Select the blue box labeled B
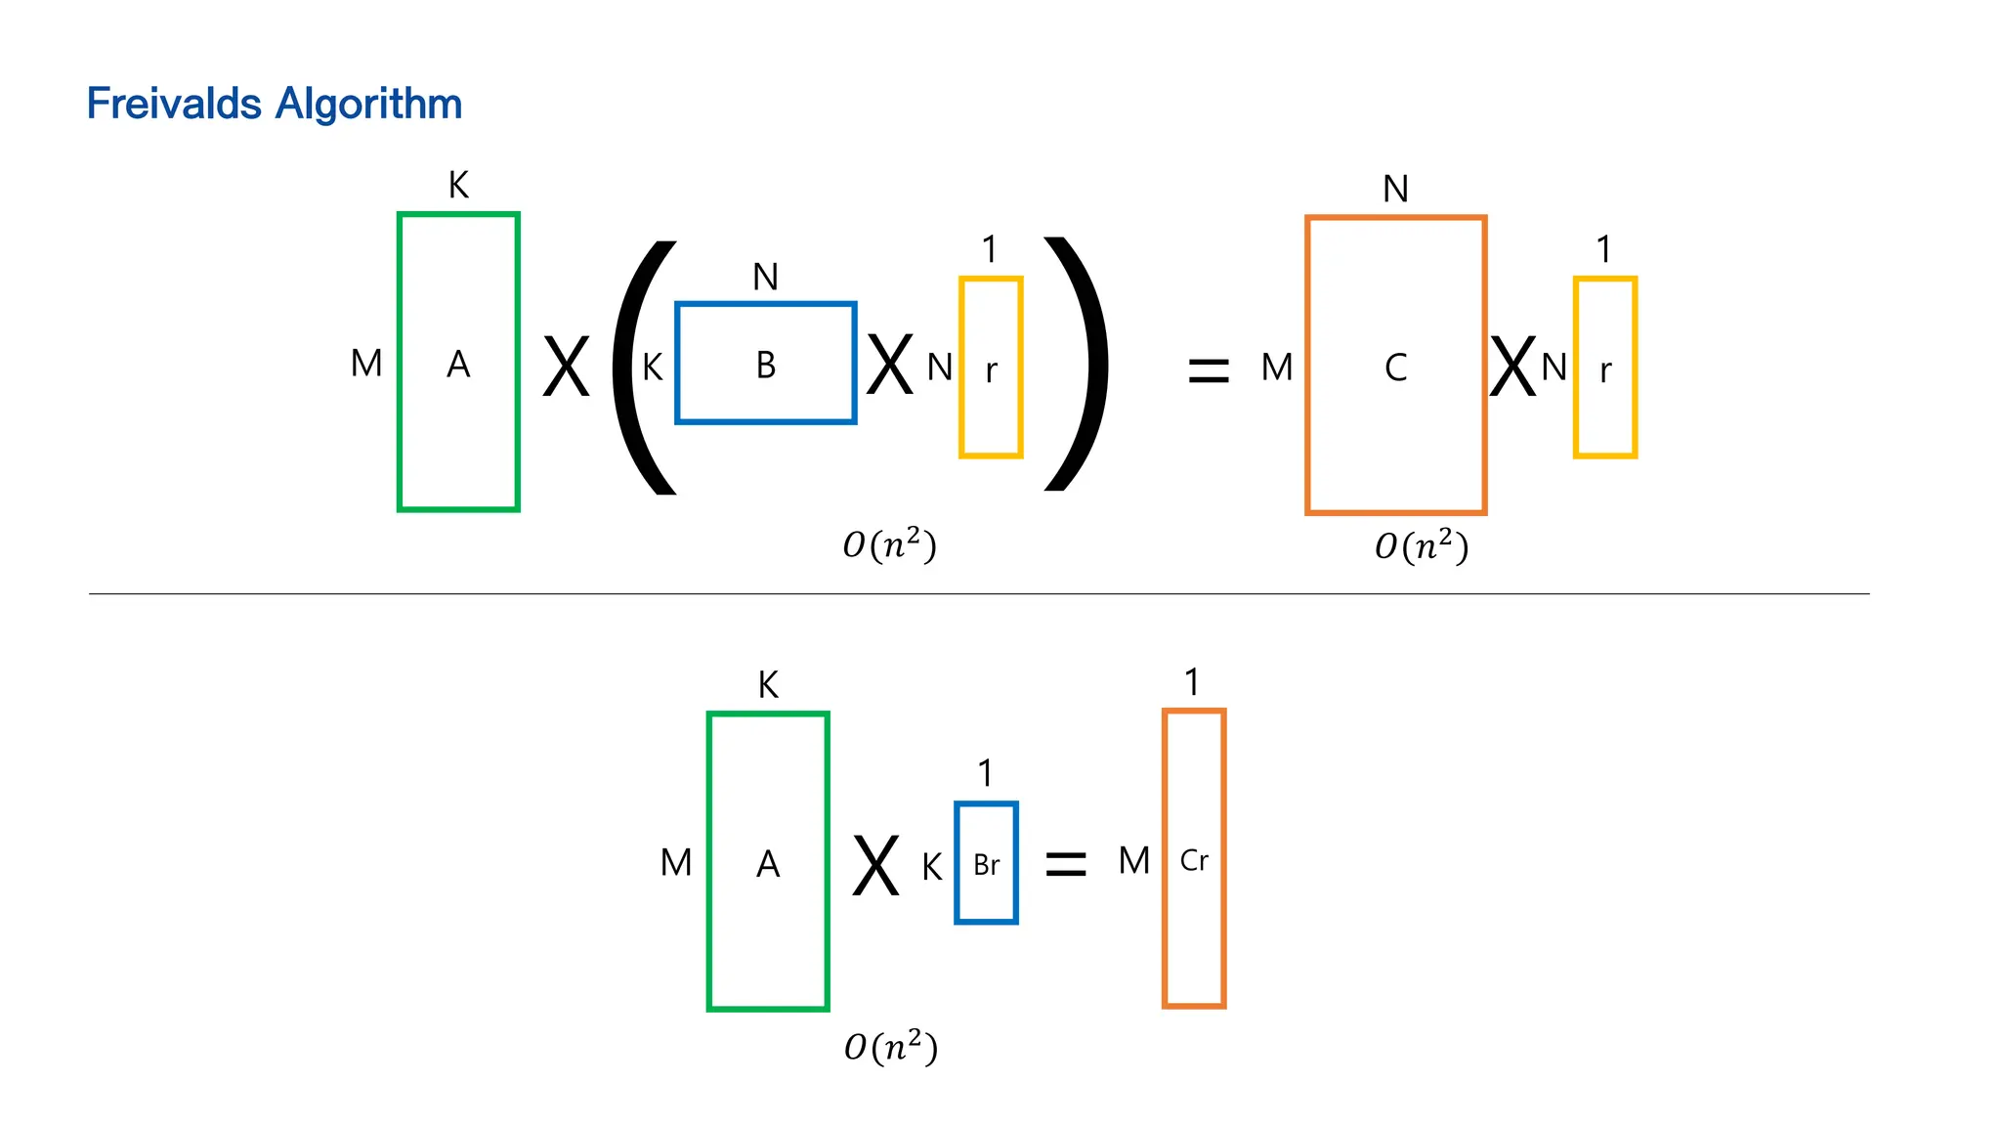[x=766, y=364]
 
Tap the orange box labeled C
[x=1395, y=366]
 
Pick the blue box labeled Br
[x=986, y=863]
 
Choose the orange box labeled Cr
[x=1194, y=859]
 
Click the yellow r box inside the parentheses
[x=991, y=368]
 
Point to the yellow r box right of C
[x=1604, y=368]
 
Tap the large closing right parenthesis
[x=1079, y=364]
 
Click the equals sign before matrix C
[x=1208, y=370]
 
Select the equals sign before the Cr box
[x=1065, y=863]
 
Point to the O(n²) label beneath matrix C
[x=1422, y=545]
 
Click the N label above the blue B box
[x=765, y=278]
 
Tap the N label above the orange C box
[x=1395, y=189]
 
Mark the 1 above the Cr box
[x=1191, y=682]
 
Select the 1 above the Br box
[x=985, y=773]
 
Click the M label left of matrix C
[x=1276, y=368]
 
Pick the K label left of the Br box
[x=931, y=867]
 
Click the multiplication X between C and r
[x=1512, y=368]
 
